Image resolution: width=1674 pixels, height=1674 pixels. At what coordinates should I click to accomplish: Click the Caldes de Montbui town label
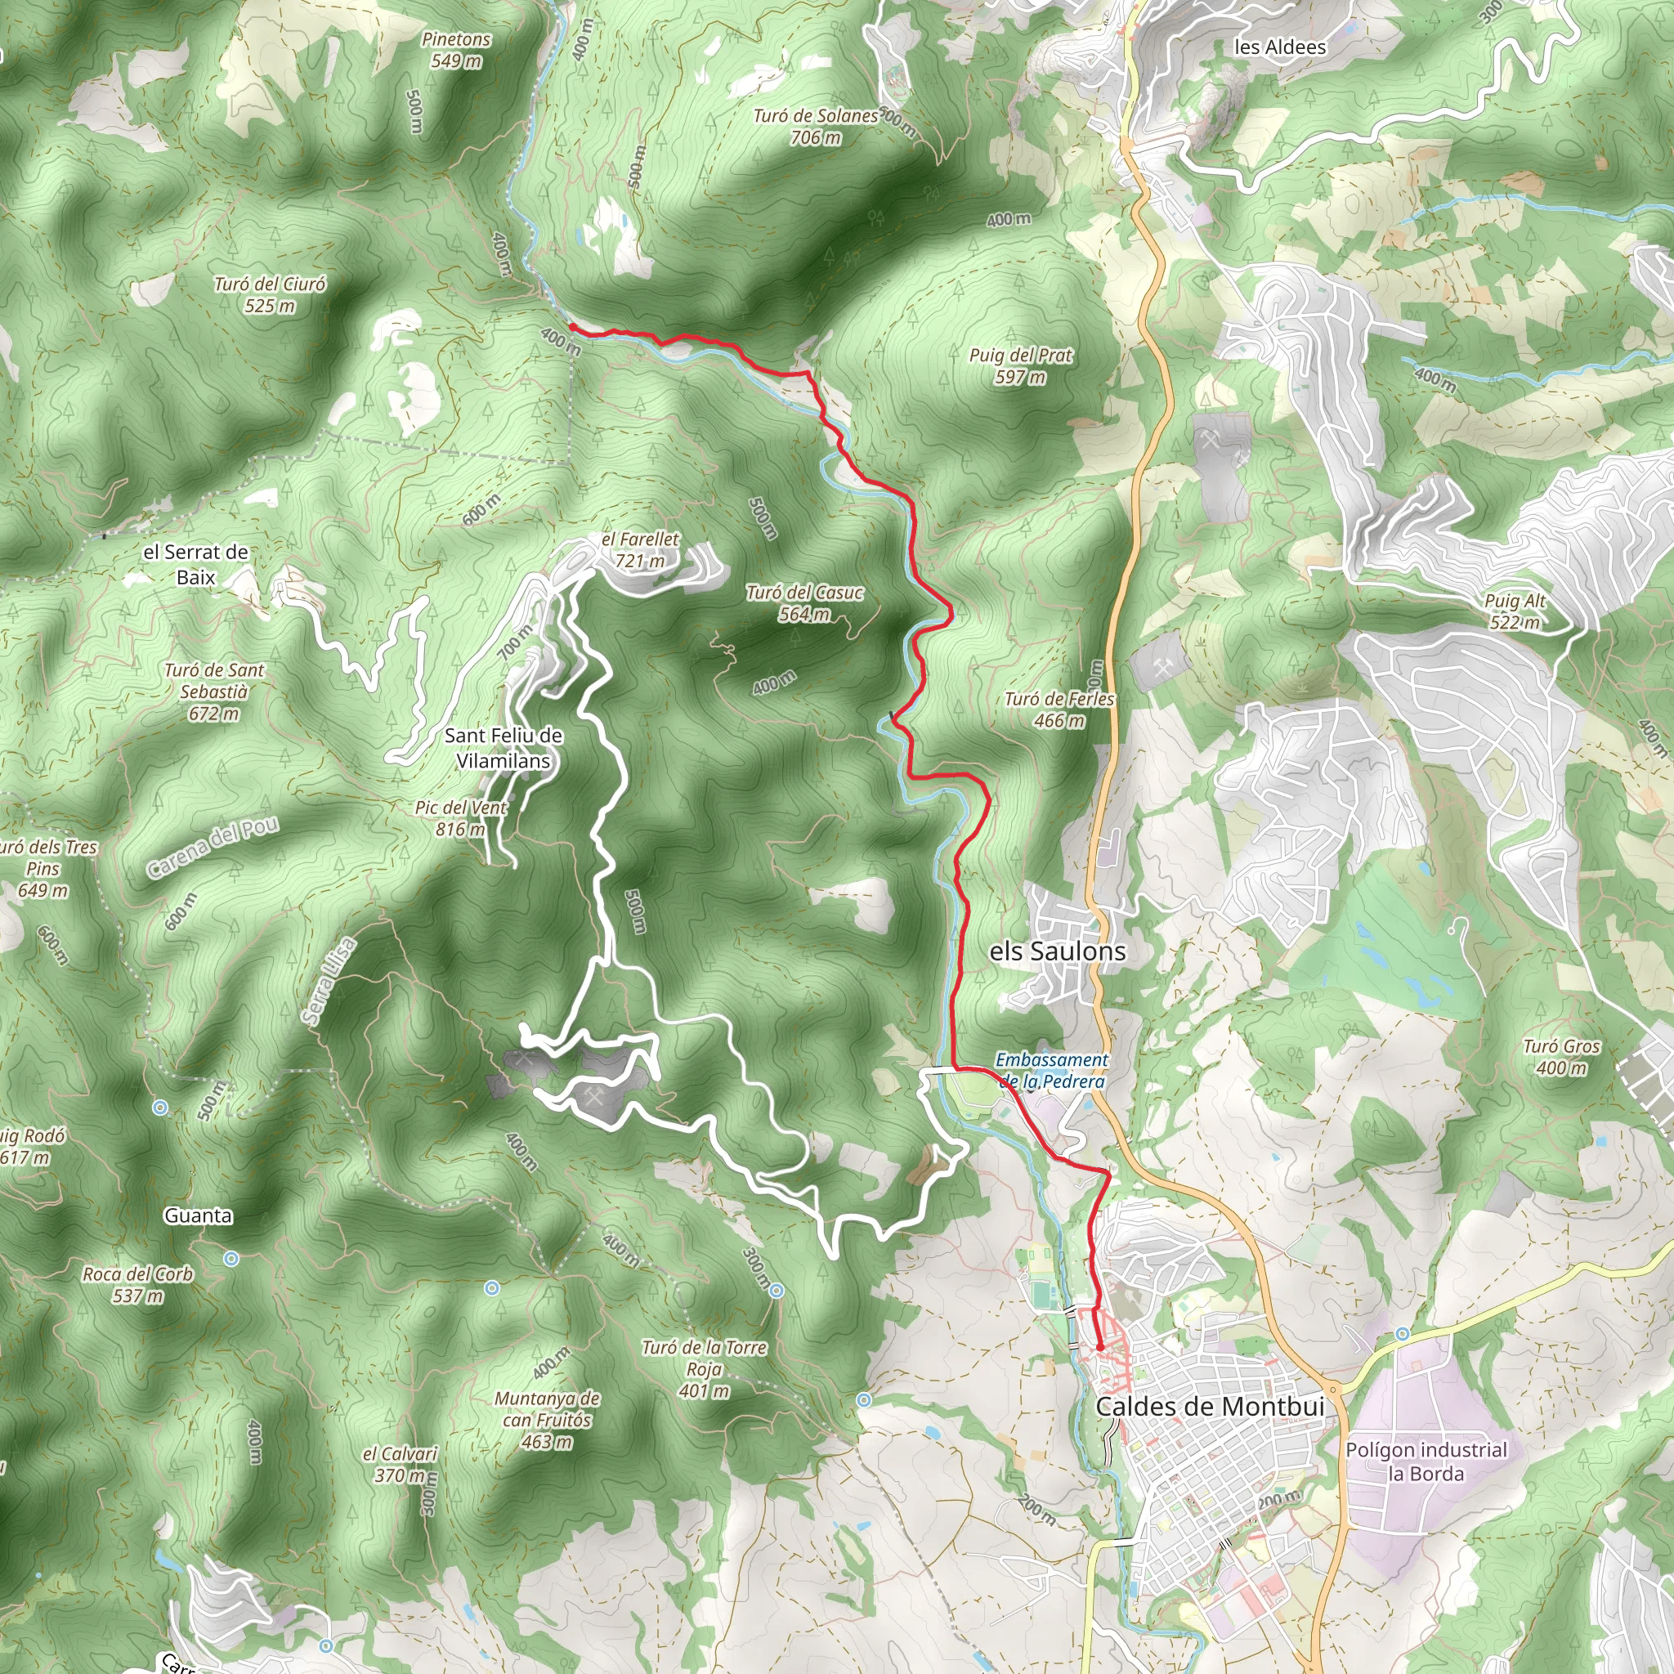pos(1210,1406)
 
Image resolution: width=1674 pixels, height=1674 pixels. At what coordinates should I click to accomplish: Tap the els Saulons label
pos(1057,951)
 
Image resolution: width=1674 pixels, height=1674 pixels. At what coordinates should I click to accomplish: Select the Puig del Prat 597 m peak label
pos(1021,365)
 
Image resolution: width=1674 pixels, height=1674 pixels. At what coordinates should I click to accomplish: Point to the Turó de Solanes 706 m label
pos(815,127)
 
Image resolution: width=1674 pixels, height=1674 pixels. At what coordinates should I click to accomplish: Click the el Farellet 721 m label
pos(640,550)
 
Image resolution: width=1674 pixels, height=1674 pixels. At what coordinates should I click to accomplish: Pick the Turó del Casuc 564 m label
pos(805,603)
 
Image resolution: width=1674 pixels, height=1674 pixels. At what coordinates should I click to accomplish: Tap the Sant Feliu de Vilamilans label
pos(504,748)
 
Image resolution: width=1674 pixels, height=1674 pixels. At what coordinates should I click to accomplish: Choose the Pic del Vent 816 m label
pos(461,818)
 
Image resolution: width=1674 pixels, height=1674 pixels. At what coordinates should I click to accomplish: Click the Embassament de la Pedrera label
pos(1052,1070)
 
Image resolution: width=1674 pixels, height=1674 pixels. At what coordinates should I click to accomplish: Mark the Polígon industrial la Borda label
pos(1426,1461)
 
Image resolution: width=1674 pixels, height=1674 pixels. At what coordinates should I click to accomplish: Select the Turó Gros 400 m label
pos(1561,1057)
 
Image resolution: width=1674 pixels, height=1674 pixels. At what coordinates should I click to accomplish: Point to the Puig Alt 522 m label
pos(1515,611)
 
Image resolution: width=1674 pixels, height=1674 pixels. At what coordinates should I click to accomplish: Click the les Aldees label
pos(1280,47)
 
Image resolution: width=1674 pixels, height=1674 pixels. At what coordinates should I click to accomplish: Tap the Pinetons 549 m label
pos(457,50)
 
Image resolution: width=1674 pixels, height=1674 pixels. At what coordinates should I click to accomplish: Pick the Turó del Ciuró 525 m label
pos(271,294)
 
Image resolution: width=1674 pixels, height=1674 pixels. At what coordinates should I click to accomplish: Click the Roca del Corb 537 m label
pos(138,1285)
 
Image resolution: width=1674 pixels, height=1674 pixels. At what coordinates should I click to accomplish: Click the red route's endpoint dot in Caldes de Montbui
pos(1099,1347)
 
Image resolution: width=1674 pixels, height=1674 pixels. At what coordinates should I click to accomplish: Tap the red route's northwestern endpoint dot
pos(573,327)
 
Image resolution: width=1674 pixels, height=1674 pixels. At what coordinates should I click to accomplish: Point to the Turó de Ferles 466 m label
pos(1059,709)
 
